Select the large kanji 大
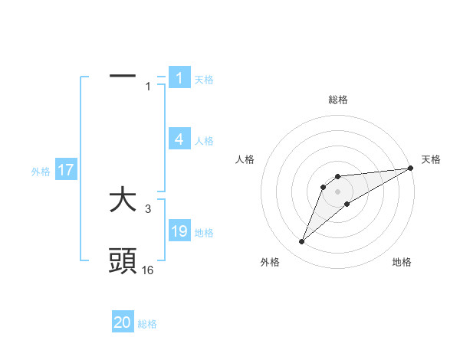123,201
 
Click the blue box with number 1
179,77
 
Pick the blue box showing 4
179,139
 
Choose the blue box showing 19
179,231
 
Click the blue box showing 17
65,170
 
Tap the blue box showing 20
123,322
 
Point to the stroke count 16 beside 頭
148,270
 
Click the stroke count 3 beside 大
148,208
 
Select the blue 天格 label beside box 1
204,79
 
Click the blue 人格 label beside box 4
204,141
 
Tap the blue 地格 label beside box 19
204,233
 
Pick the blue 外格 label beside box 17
41,172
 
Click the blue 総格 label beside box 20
147,324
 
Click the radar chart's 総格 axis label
338,100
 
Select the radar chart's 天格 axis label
431,159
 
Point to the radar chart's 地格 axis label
402,262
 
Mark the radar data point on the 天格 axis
410,168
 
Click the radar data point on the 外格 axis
302,242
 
